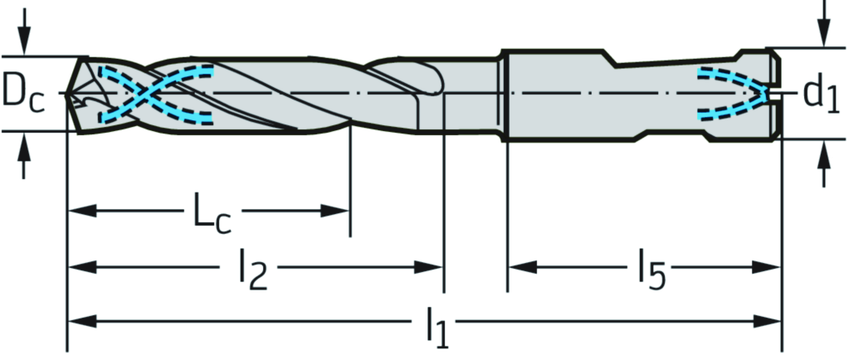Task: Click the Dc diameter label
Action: click(22, 94)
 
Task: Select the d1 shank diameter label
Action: click(820, 94)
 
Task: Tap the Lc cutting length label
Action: click(212, 216)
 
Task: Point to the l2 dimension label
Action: click(252, 269)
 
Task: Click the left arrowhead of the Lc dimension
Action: click(82, 211)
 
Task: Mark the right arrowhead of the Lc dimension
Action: click(334, 211)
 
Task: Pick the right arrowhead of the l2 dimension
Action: click(429, 267)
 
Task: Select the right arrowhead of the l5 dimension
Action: click(766, 267)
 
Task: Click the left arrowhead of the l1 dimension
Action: click(82, 322)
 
